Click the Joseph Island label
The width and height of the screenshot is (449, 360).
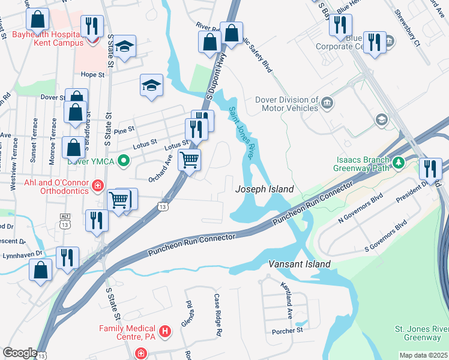pyautogui.click(x=264, y=189)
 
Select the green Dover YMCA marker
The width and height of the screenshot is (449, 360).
pyautogui.click(x=124, y=161)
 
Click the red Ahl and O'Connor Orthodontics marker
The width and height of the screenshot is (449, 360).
pyautogui.click(x=98, y=187)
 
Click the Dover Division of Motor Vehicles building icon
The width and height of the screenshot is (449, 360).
pyautogui.click(x=327, y=103)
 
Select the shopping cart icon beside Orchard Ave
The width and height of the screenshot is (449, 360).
pyautogui.click(x=190, y=160)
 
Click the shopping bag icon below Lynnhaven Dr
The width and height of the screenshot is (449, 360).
pyautogui.click(x=40, y=270)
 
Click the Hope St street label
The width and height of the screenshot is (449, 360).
pyautogui.click(x=92, y=75)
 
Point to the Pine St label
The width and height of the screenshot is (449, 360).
pyautogui.click(x=124, y=129)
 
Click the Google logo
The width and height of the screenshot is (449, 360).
pyautogui.click(x=20, y=353)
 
